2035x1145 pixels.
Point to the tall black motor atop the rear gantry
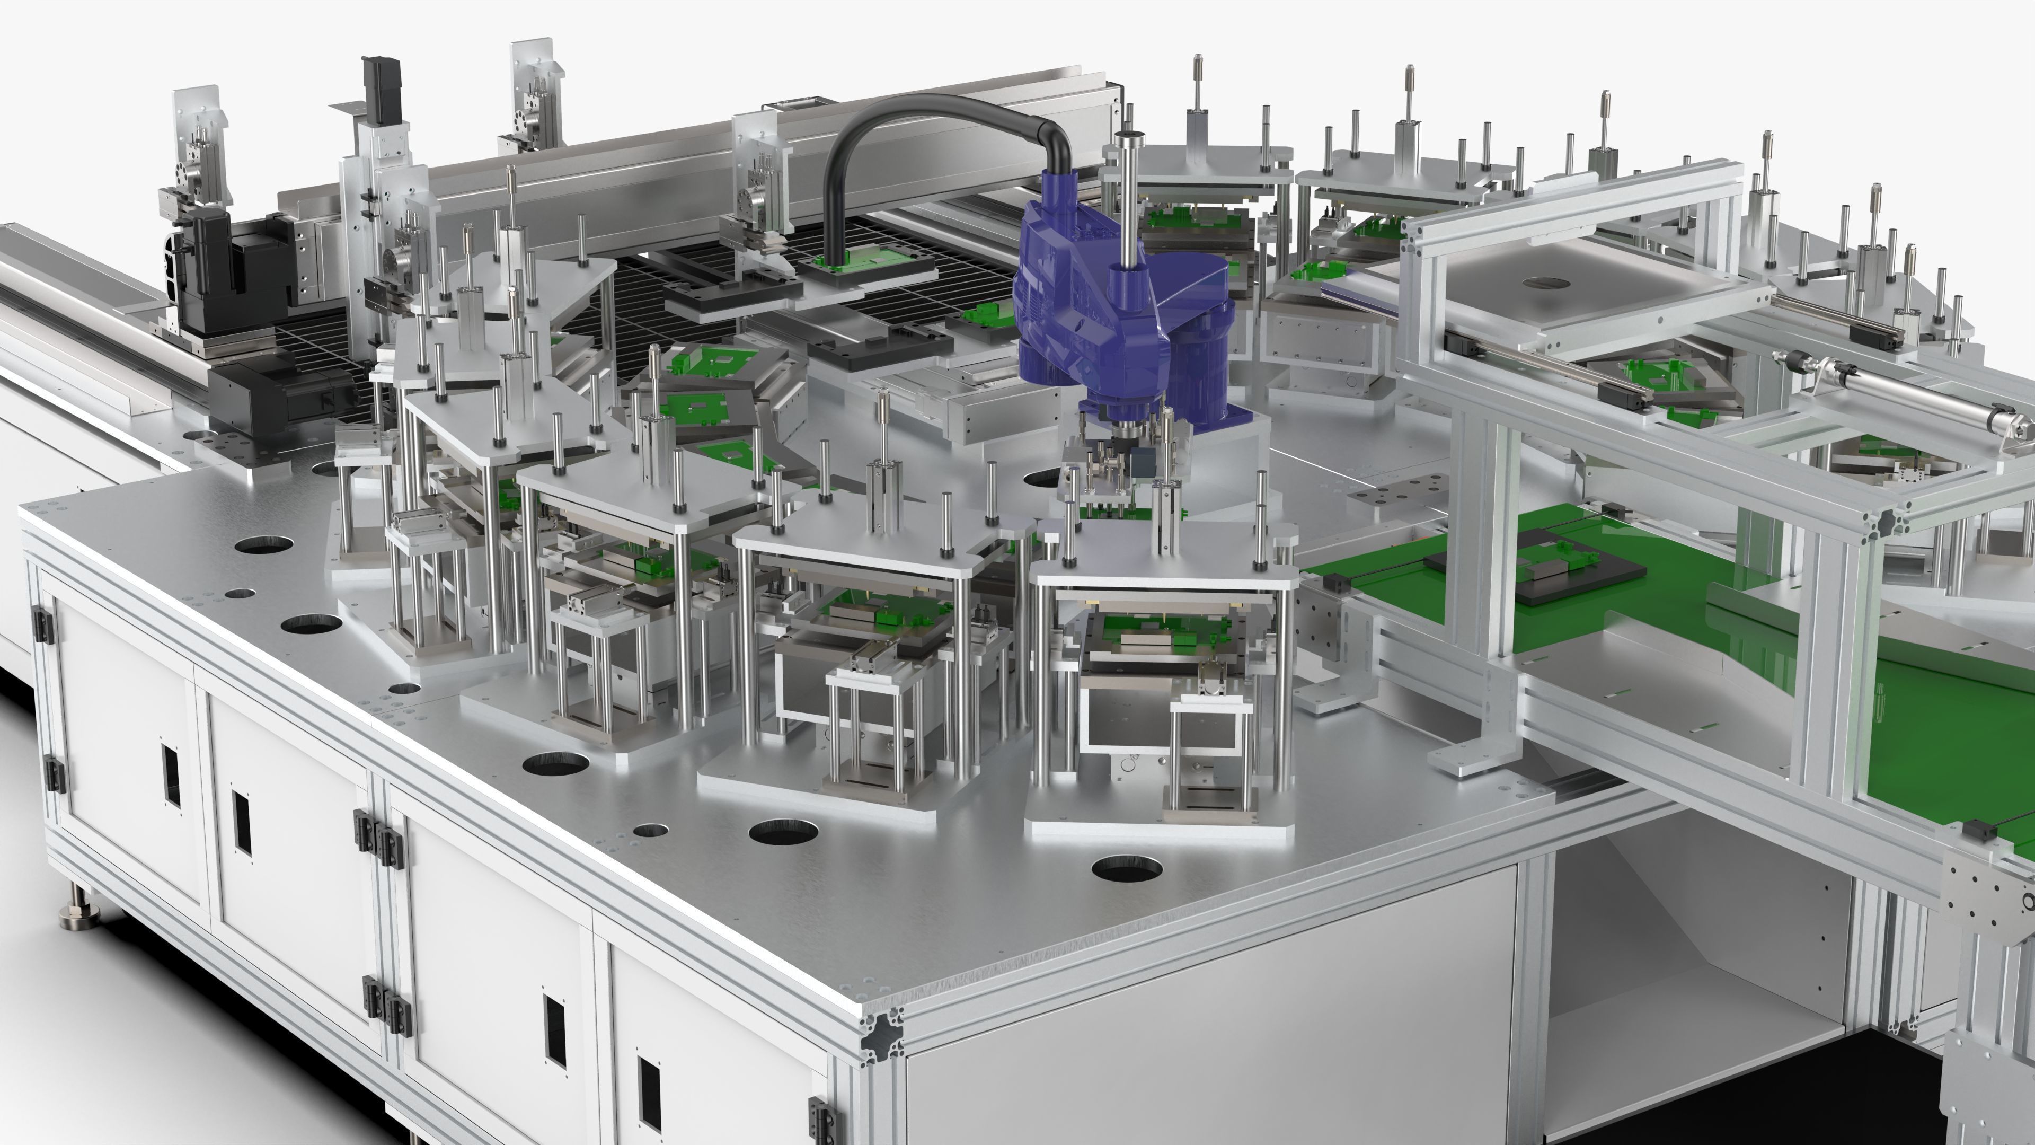click(x=382, y=79)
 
